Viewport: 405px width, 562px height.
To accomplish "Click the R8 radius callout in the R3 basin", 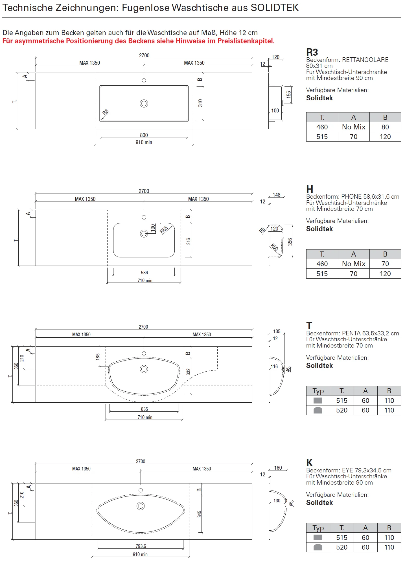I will coord(105,112).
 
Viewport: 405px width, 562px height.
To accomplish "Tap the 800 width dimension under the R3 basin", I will coord(144,135).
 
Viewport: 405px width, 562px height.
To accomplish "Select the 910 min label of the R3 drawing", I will coord(144,142).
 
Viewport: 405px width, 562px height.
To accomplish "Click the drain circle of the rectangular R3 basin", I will coord(144,103).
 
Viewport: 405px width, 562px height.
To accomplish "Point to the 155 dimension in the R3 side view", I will coord(288,94).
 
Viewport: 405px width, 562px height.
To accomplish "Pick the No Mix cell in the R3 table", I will coord(354,127).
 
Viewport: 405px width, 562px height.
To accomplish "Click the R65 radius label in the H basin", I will coord(164,229).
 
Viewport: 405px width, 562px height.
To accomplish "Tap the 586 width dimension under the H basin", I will coord(145,273).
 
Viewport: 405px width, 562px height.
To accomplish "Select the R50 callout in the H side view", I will coord(274,247).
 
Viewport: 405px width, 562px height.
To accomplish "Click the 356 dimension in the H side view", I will coord(290,242).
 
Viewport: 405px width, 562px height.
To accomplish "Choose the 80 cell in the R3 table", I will coord(385,127).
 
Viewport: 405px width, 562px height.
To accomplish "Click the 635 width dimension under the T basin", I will coord(145,409).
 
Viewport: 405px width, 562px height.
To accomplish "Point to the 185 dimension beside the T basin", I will coord(98,357).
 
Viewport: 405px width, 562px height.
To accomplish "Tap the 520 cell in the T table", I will coord(342,410).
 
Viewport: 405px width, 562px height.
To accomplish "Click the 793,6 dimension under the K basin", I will coord(141,546).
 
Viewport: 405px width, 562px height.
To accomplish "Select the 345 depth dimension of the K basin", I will coord(200,514).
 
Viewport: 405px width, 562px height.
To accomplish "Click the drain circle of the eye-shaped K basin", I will coord(141,506).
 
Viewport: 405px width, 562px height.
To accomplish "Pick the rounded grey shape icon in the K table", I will coord(318,547).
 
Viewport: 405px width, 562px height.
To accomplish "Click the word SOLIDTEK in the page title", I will coord(275,8).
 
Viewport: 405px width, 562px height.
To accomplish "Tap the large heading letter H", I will coord(310,189).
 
